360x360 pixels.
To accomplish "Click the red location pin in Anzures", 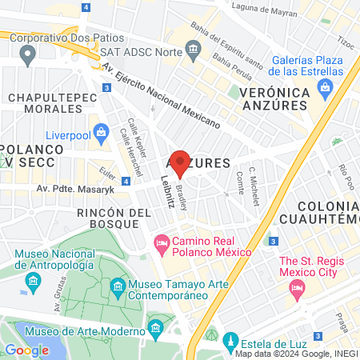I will pos(180,163).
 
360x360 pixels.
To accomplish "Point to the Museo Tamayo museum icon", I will pos(118,286).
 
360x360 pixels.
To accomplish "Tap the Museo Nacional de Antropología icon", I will pos(34,280).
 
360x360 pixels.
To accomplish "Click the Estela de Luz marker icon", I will pos(231,339).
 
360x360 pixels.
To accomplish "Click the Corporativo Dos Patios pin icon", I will pos(29,54).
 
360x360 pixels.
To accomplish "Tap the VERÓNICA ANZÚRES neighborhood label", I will pos(274,100).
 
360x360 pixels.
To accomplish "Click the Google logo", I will pos(26,350).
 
